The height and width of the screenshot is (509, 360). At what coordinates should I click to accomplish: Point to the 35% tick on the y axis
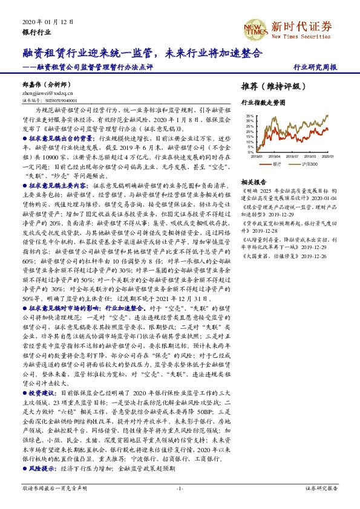[x=249, y=115]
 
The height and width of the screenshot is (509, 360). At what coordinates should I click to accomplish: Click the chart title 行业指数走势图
[x=263, y=103]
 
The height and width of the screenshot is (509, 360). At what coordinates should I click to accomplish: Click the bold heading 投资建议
[x=51, y=393]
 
